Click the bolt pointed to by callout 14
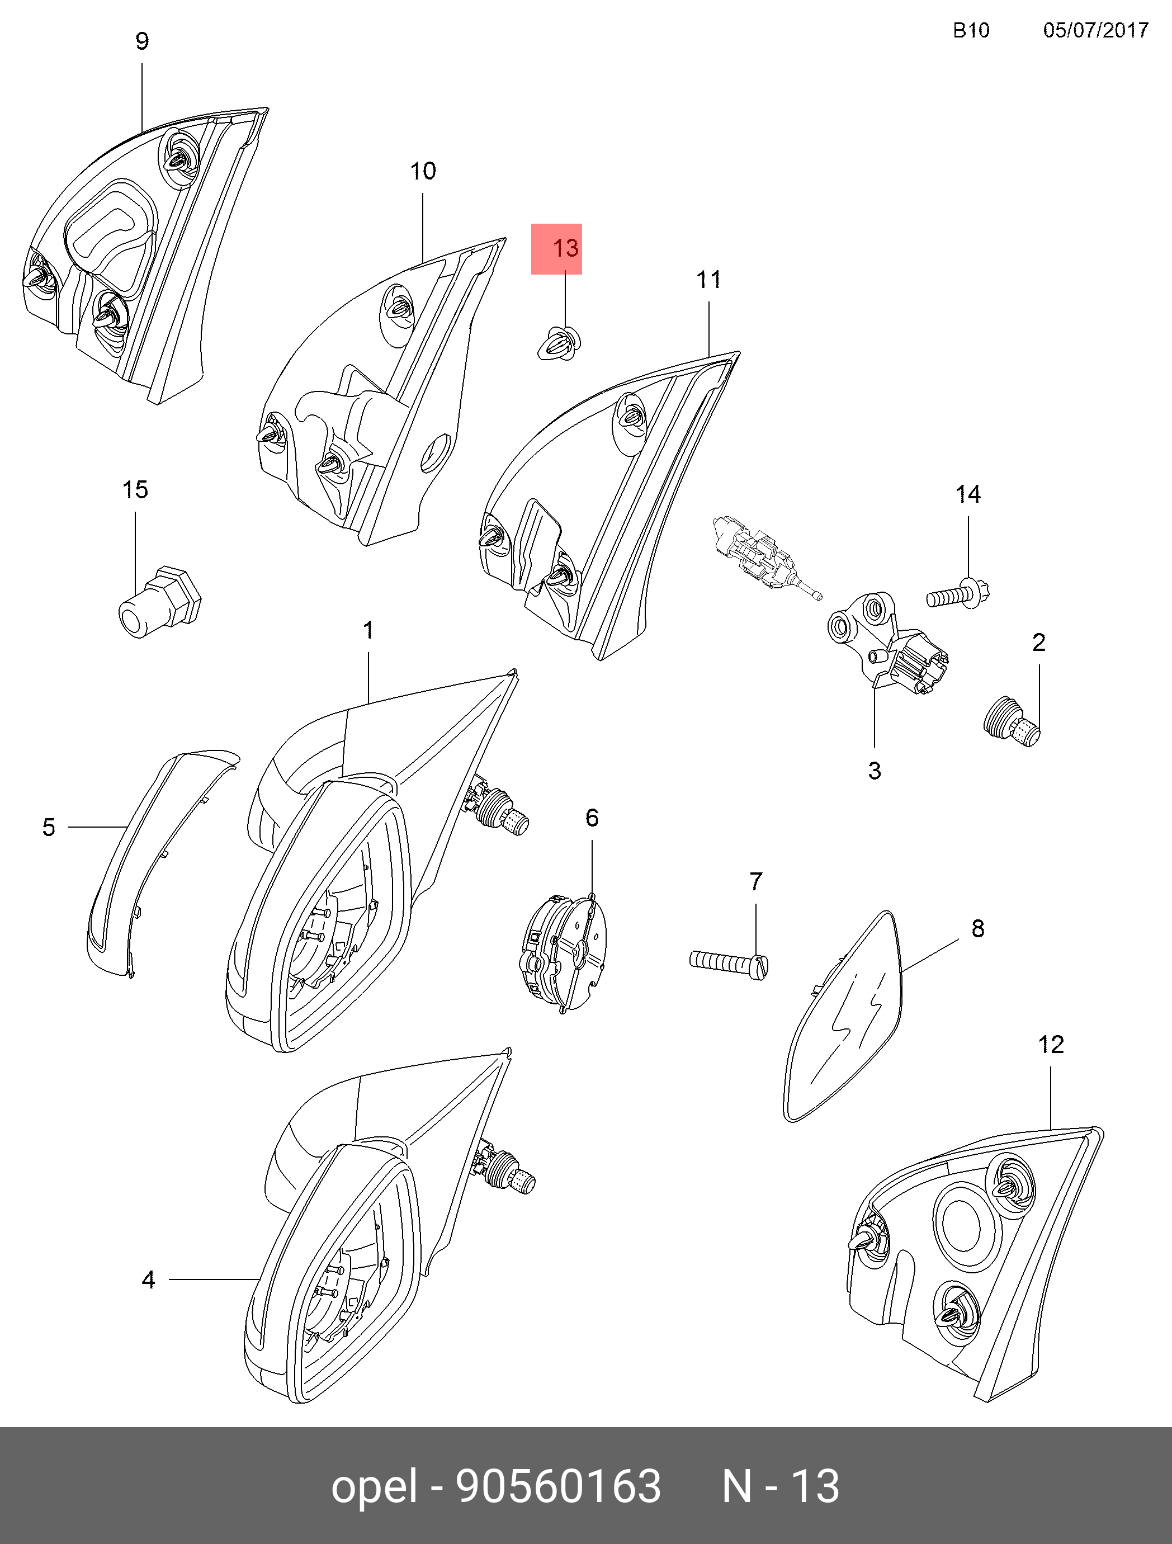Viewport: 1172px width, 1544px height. (958, 596)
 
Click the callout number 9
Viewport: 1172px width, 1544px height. (141, 42)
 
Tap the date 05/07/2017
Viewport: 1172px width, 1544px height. (1095, 30)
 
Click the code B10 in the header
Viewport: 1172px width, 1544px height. (971, 30)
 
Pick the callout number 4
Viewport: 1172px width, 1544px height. (148, 1279)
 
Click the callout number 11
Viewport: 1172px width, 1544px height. (708, 280)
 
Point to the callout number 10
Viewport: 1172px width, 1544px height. (423, 171)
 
